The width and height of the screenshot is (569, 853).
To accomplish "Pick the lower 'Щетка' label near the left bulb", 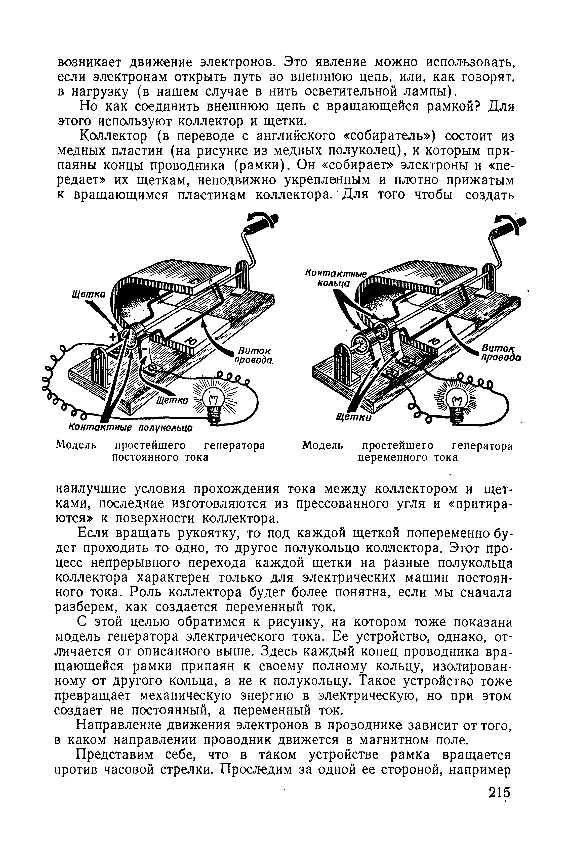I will coord(172,400).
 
